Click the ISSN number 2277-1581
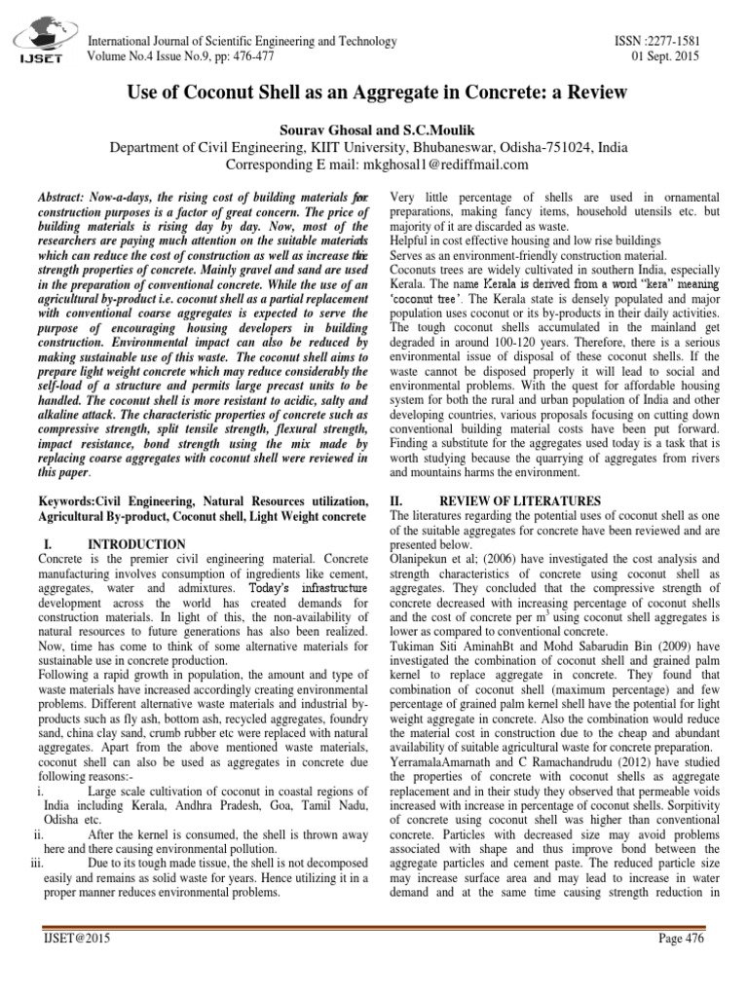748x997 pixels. (678, 41)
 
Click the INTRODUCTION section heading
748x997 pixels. (136, 542)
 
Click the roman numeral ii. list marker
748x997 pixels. (38, 833)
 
